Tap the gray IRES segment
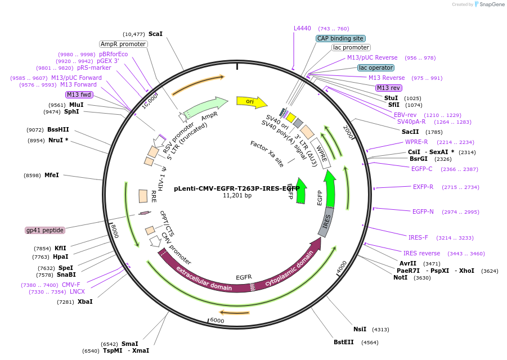click(326, 222)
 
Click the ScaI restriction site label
click(155, 34)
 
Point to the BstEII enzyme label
click(344, 342)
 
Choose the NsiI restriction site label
click(360, 329)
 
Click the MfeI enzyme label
click(52, 175)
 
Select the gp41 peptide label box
click(45, 230)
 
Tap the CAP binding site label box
click(341, 38)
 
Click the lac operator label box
click(376, 68)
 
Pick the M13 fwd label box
click(79, 94)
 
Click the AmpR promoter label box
click(123, 44)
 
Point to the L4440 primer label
click(302, 29)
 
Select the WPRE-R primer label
click(416, 142)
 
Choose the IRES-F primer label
click(418, 237)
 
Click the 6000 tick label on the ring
click(217, 320)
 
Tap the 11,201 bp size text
click(237, 196)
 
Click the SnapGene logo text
click(492, 4)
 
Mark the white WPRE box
click(321, 154)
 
